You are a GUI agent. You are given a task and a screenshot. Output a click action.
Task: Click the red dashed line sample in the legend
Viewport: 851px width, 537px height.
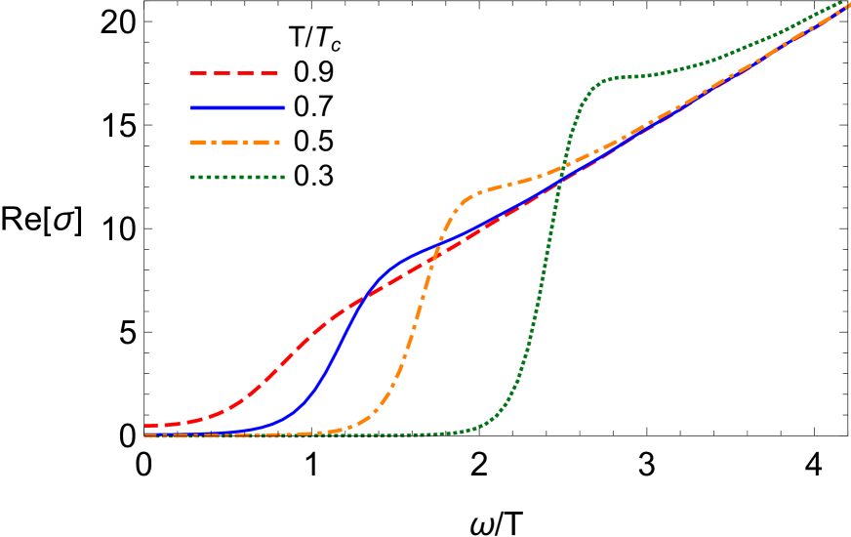[x=234, y=73]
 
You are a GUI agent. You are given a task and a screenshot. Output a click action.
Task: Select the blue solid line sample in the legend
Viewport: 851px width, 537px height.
[x=238, y=107]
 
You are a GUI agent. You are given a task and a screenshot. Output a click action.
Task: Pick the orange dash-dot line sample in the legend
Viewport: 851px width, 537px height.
[x=235, y=143]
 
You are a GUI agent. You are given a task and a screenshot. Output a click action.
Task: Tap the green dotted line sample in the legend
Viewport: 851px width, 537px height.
[x=237, y=177]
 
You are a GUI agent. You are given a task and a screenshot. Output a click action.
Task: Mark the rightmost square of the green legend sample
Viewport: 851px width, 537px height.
[x=282, y=177]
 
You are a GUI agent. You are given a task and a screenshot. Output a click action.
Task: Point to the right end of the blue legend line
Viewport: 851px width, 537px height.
[x=285, y=107]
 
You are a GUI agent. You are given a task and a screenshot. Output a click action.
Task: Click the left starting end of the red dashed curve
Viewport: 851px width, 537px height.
[x=146, y=426]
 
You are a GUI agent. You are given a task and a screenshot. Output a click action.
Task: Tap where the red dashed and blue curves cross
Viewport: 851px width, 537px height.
[x=362, y=301]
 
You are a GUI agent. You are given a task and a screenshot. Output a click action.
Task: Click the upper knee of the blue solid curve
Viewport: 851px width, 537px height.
[x=395, y=264]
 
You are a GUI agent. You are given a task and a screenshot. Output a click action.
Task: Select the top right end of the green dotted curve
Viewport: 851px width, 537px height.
[x=844, y=3]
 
